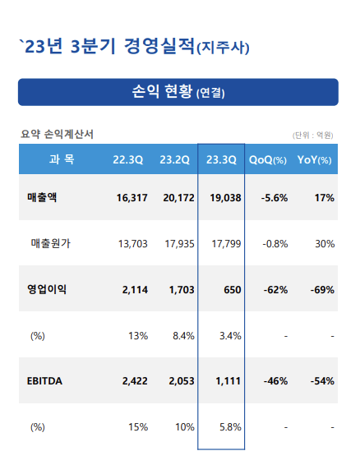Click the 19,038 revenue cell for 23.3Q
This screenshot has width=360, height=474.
(x=225, y=198)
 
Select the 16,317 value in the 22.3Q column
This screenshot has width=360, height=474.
(x=132, y=198)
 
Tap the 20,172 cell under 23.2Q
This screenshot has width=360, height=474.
(x=178, y=198)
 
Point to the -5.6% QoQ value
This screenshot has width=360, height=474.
(x=275, y=198)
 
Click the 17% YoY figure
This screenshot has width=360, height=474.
(x=325, y=198)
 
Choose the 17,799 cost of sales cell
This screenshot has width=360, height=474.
(x=226, y=244)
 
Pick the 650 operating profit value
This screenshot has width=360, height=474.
(x=233, y=290)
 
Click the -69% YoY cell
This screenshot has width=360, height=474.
(x=322, y=290)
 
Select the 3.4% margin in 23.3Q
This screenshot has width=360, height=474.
(x=230, y=335)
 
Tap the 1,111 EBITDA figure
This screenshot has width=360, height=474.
(x=228, y=381)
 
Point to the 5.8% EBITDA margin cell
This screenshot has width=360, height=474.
(x=230, y=427)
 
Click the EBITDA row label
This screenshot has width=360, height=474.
(x=44, y=381)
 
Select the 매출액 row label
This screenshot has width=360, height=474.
(x=42, y=198)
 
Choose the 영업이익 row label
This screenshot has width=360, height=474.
(x=47, y=289)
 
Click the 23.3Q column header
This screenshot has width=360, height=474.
(x=221, y=159)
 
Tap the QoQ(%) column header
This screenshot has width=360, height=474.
(x=268, y=159)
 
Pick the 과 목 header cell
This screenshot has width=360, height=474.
(x=62, y=159)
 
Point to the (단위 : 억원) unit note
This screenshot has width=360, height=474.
(x=313, y=135)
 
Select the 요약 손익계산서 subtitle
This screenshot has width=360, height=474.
(x=57, y=134)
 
